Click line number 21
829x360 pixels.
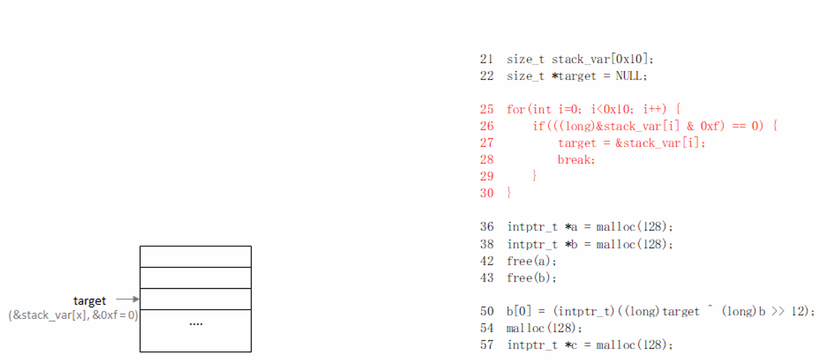(x=486, y=60)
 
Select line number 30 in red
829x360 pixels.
(x=486, y=193)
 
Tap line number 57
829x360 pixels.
(x=486, y=344)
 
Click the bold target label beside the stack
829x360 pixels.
(x=89, y=301)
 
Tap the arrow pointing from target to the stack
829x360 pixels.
(x=128, y=299)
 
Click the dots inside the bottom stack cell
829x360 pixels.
(x=196, y=323)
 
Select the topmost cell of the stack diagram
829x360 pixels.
(x=196, y=256)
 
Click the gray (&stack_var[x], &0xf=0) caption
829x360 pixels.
(x=73, y=315)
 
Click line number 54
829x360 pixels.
(x=486, y=328)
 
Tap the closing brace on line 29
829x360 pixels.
(x=535, y=176)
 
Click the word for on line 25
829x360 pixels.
(x=515, y=109)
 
